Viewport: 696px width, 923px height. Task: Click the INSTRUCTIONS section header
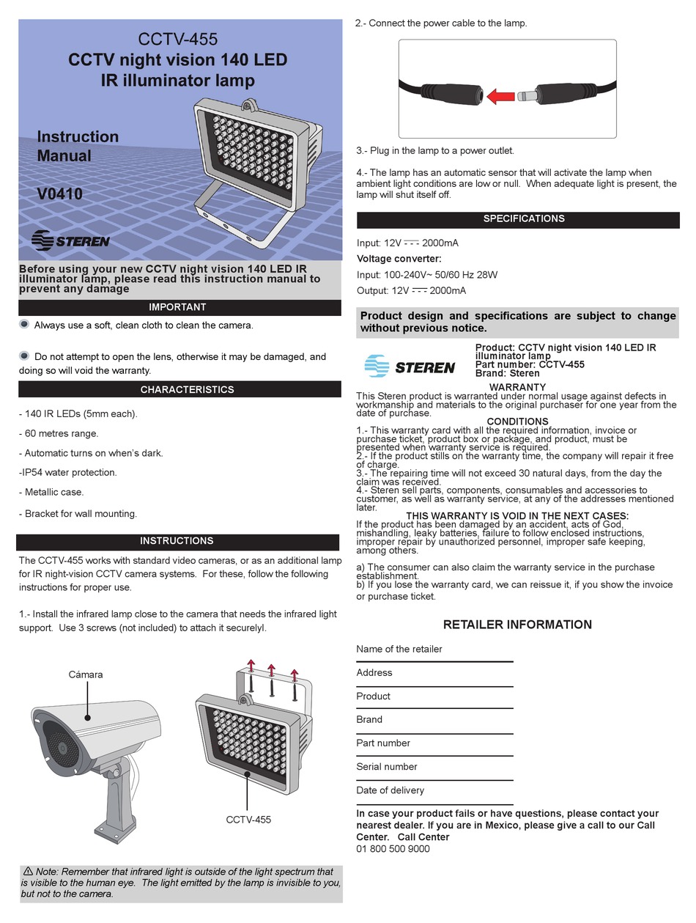click(177, 541)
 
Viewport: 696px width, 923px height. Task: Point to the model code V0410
click(60, 195)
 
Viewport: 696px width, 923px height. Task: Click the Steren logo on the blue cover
click(71, 240)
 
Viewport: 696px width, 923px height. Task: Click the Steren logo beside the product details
click(410, 365)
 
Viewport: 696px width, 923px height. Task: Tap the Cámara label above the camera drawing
click(86, 674)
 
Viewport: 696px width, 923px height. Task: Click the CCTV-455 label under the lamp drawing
click(248, 820)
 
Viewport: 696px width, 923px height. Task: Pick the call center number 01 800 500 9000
click(393, 849)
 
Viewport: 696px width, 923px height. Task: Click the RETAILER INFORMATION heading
click(517, 625)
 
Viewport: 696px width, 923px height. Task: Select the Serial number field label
click(386, 767)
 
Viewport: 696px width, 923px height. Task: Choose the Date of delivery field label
click(390, 790)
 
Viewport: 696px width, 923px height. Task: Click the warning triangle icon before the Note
click(28, 871)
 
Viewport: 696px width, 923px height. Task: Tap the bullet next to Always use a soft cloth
click(24, 324)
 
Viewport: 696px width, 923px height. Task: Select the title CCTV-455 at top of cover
click(178, 39)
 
